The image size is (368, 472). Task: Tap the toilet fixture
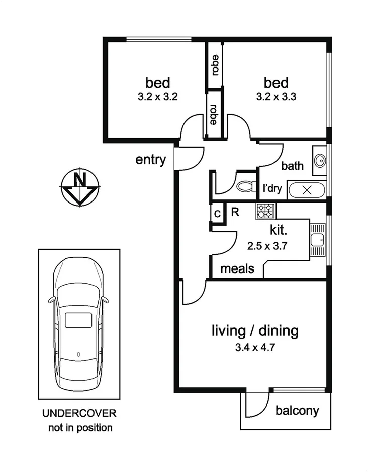[x=246, y=186]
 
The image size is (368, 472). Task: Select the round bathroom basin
[x=319, y=161]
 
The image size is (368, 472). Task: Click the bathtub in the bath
[x=306, y=190]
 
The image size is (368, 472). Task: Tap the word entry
[x=150, y=160]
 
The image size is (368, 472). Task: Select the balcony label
[x=297, y=411]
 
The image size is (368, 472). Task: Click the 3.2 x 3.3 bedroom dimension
[x=276, y=97]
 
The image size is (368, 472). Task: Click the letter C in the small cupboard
[x=217, y=214]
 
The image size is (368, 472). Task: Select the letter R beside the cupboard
[x=235, y=212]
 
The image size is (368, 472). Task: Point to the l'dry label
[x=272, y=189]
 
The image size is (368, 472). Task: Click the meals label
[x=237, y=268]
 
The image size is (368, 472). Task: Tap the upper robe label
[x=215, y=64]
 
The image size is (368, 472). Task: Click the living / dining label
[x=255, y=331]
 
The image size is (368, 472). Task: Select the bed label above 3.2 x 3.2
[x=158, y=82]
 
